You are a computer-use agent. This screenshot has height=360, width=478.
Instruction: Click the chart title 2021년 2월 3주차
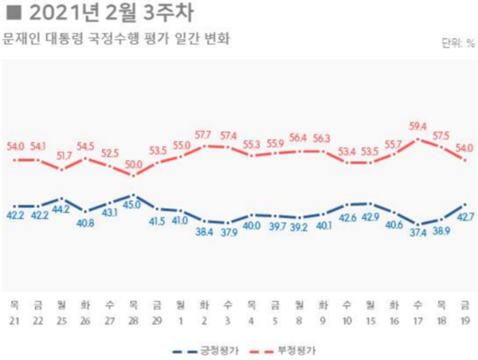[x=104, y=13]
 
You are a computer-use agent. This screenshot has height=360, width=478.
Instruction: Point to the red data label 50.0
[x=133, y=164]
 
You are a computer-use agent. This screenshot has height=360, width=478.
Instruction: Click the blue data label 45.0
[x=133, y=205]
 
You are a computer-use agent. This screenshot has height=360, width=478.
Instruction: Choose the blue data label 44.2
[x=61, y=209]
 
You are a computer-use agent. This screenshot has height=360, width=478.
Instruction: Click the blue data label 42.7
[x=464, y=217]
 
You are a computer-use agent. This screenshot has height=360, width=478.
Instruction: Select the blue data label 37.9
[x=228, y=234]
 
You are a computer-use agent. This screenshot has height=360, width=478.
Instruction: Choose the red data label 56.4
[x=299, y=137]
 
